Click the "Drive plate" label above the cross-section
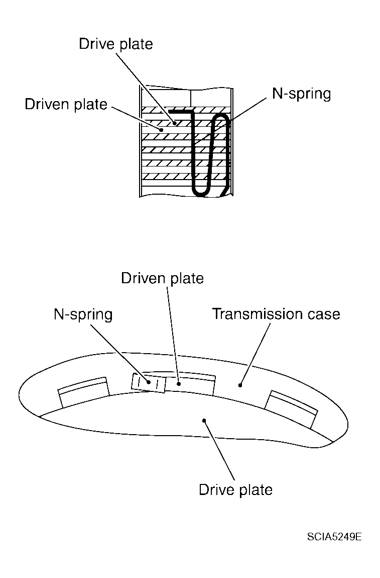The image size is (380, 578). coord(115,44)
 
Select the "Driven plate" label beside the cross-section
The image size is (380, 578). coord(66,104)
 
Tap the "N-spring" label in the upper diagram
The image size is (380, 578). coord(301,94)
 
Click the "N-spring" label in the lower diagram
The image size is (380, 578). coord(83,315)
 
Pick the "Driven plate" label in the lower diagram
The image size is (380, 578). coord(162,278)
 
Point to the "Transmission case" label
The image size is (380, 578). coord(276,314)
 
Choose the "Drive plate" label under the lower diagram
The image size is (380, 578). coord(235,489)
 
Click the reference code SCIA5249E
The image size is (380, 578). coord(334,537)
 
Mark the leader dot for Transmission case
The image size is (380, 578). coord(240,385)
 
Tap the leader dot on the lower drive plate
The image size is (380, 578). coord(204,420)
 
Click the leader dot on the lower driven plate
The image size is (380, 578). coord(179,383)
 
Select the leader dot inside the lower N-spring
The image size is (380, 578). coord(149,382)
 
